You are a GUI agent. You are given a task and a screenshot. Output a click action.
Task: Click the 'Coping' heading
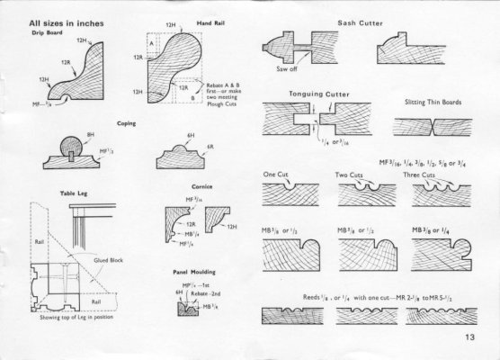click(127, 121)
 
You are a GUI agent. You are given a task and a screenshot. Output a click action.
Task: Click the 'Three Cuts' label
click(415, 175)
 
